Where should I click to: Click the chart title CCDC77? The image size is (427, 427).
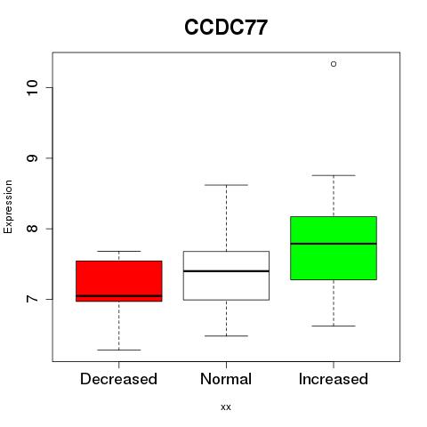click(x=226, y=28)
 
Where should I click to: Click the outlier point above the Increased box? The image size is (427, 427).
click(x=334, y=64)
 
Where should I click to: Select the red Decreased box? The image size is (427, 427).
click(x=119, y=281)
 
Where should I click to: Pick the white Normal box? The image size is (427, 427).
click(x=226, y=276)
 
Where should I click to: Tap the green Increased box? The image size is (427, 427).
click(x=334, y=248)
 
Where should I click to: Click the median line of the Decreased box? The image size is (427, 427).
click(x=119, y=295)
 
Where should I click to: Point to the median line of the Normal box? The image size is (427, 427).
click(x=226, y=271)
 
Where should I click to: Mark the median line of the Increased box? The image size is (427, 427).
click(x=334, y=244)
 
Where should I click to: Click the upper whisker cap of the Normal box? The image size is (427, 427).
click(x=226, y=185)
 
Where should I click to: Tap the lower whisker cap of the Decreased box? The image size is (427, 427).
click(x=119, y=350)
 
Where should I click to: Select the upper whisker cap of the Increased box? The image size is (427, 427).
click(x=334, y=175)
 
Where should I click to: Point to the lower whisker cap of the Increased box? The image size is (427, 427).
click(x=334, y=326)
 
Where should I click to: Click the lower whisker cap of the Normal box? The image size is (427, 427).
click(x=226, y=336)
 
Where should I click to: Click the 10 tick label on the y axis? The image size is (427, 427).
click(x=33, y=87)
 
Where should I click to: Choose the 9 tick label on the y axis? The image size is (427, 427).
click(x=33, y=158)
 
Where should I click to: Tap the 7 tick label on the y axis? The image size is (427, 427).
click(x=33, y=299)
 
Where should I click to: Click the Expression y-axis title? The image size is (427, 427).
click(x=8, y=207)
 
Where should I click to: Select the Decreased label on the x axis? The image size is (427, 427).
click(x=118, y=379)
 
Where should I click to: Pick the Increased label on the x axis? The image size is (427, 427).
click(x=334, y=379)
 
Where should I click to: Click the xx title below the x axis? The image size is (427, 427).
click(x=226, y=407)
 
